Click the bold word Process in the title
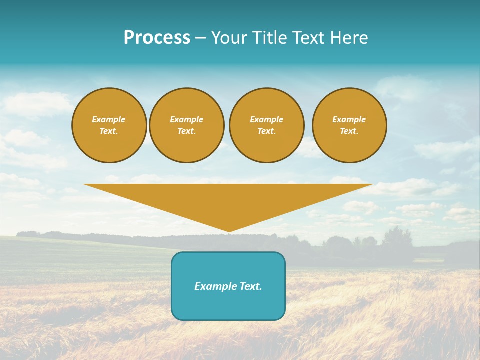point(157,38)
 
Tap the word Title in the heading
point(270,38)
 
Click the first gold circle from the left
point(109,125)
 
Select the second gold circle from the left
point(187,125)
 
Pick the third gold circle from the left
point(267,125)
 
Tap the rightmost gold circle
point(349,125)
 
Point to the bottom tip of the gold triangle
point(229,231)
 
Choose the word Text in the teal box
point(250,286)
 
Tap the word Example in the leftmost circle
point(109,119)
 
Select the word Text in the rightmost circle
point(349,131)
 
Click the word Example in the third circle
point(267,119)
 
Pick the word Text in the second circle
point(187,131)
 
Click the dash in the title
point(201,38)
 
